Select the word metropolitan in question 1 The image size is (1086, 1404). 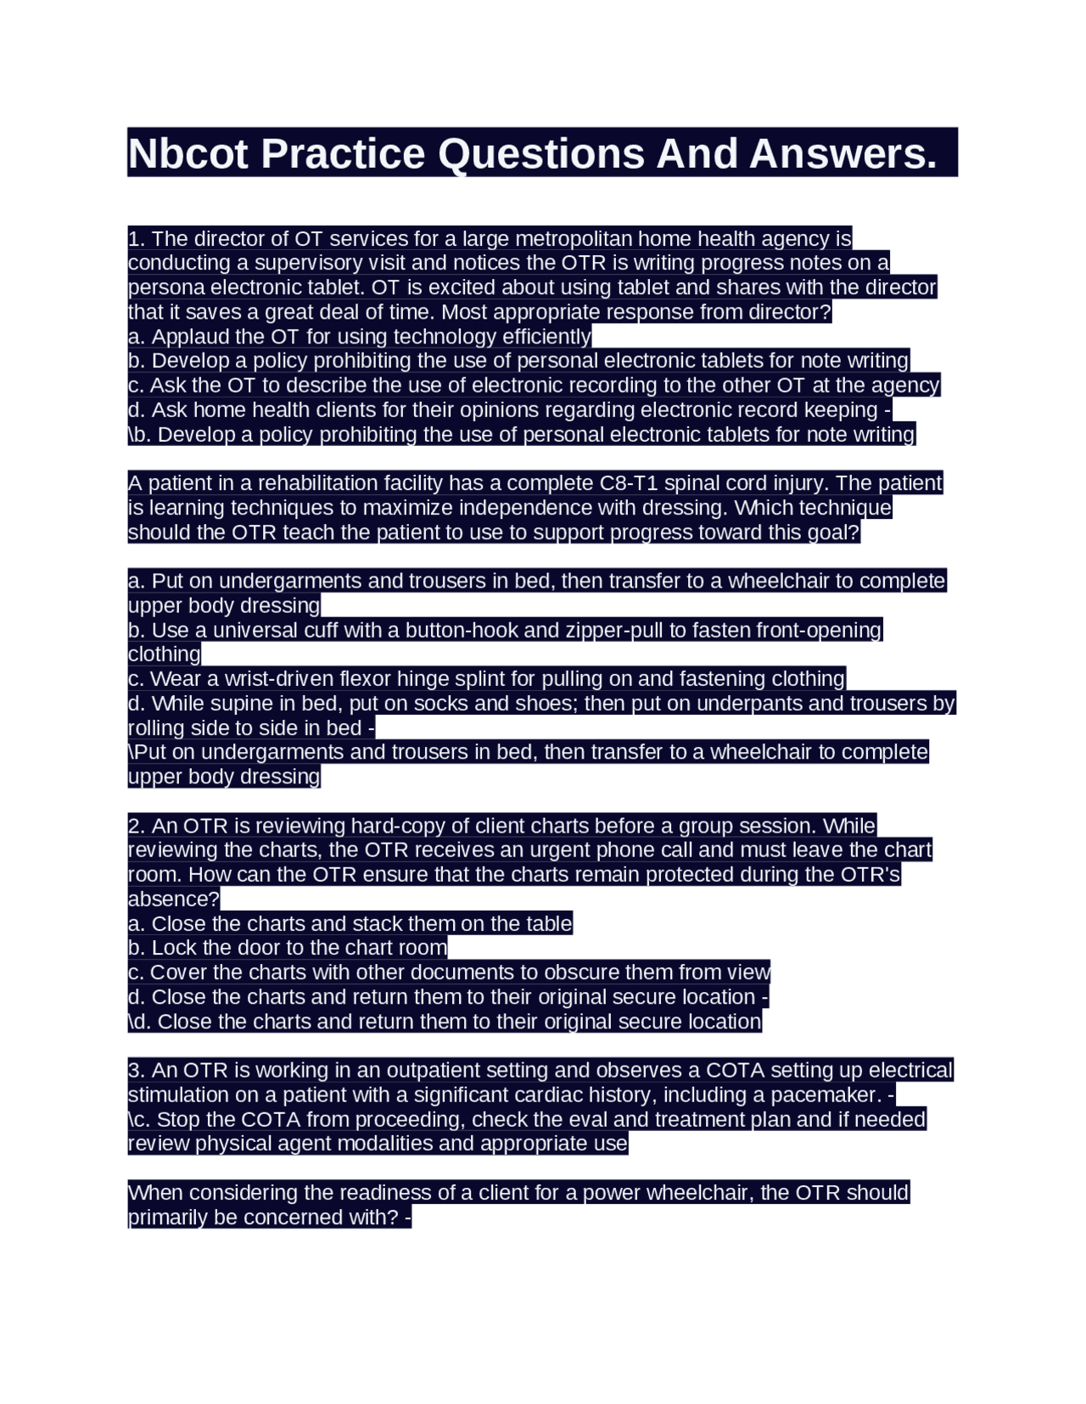coord(574,238)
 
